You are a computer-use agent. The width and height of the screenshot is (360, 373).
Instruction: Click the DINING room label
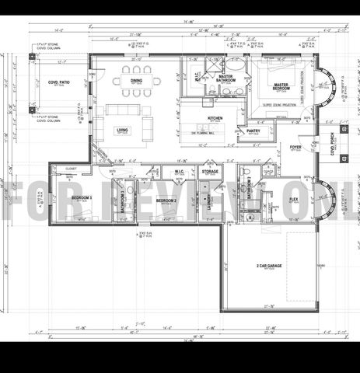pos(137,80)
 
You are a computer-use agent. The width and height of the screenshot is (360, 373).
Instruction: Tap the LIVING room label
pos(122,130)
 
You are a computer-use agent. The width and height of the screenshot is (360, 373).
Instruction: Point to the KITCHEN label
pos(215,118)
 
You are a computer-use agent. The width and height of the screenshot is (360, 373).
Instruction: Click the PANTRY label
pos(253,131)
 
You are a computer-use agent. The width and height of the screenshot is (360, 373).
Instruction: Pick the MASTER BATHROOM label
pos(225,78)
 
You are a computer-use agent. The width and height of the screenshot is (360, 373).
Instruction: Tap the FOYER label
pos(295,147)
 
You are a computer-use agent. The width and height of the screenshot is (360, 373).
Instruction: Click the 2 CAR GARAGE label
pos(268,266)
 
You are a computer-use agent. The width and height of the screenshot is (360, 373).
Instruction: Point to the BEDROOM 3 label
pos(82,198)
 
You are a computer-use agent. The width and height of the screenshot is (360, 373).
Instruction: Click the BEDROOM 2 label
pos(166,200)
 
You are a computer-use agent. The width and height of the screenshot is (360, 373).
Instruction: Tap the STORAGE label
pos(210,171)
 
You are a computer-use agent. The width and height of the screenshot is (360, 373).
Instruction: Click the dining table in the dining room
pos(137,89)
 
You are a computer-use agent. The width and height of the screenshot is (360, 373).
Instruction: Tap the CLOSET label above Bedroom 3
pos(71,168)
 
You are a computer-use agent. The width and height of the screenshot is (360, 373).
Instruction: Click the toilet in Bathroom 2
pos(247,173)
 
